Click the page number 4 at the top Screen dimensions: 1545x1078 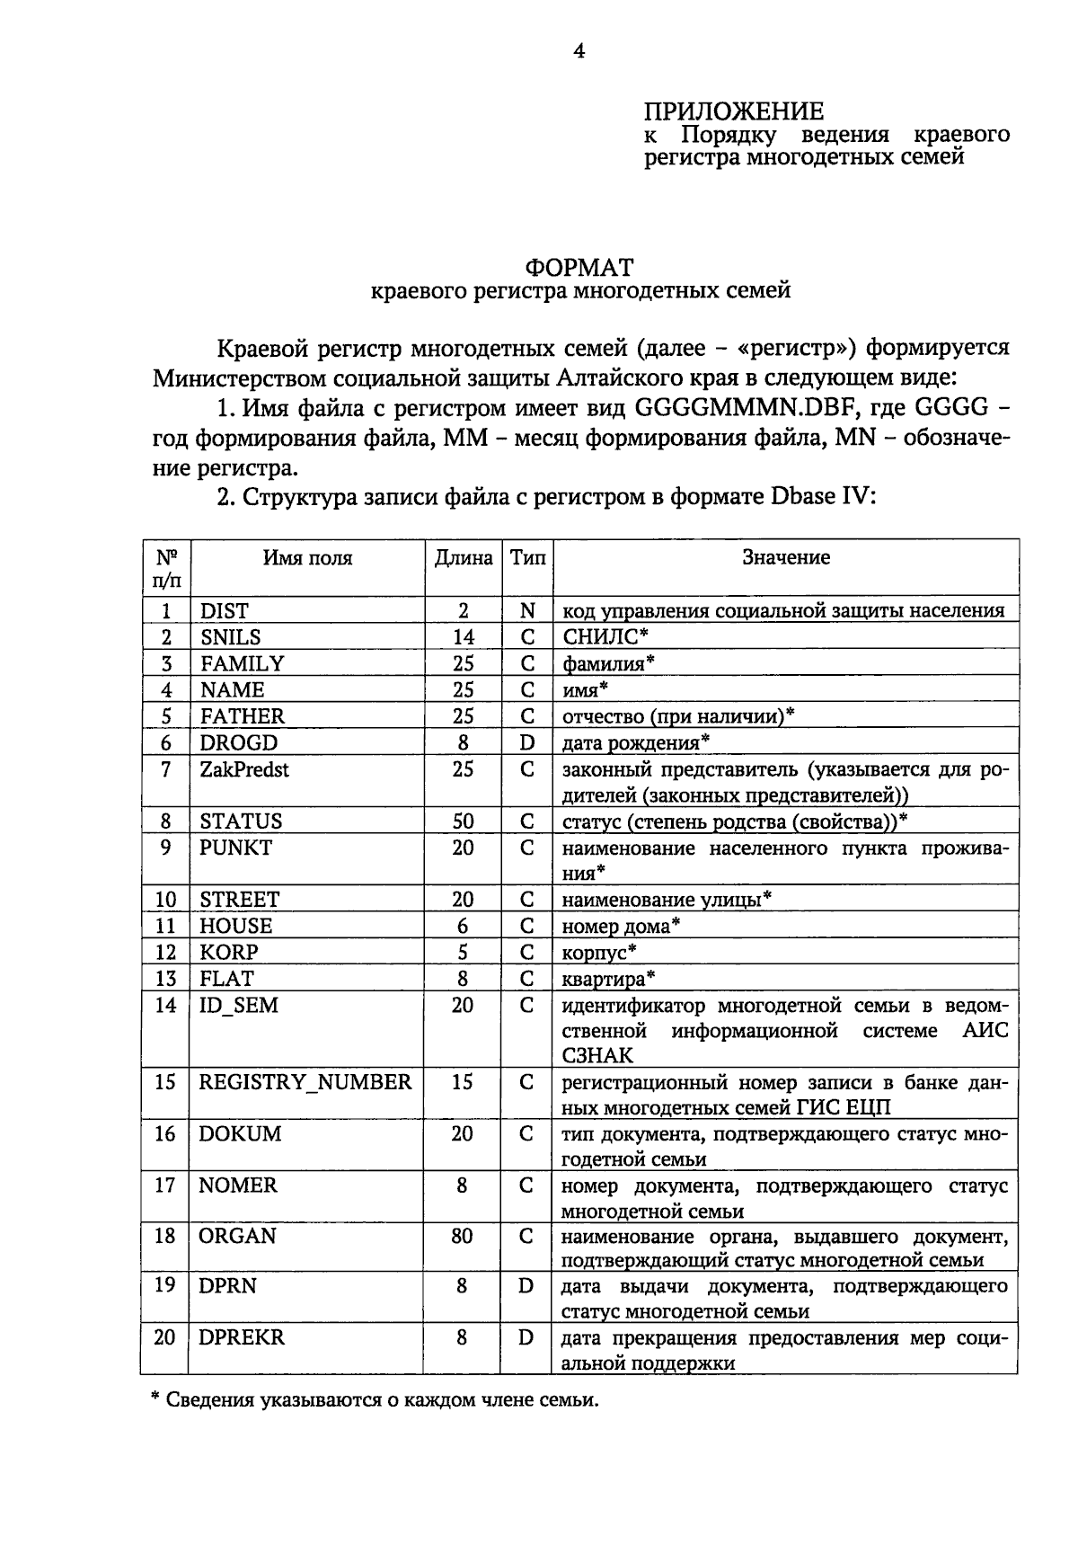click(x=579, y=51)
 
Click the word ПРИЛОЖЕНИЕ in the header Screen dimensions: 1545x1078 click(x=733, y=111)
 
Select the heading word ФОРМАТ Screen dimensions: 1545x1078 click(x=579, y=268)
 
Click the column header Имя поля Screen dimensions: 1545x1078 click(x=307, y=558)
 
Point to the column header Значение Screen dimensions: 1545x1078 click(x=785, y=558)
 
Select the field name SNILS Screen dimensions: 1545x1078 click(x=230, y=637)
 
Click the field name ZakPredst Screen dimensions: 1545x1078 click(x=244, y=769)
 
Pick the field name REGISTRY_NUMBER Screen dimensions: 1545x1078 click(x=305, y=1082)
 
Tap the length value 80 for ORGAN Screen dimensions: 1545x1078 click(x=462, y=1236)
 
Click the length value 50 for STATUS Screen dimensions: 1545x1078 click(x=462, y=821)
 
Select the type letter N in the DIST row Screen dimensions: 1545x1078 click(x=527, y=611)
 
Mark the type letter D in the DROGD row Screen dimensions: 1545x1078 click(x=527, y=743)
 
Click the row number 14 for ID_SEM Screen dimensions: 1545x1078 click(x=165, y=1005)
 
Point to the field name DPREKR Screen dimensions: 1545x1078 click(x=242, y=1337)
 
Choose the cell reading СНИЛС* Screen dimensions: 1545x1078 click(x=605, y=637)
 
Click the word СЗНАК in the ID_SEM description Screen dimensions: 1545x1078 click(x=597, y=1055)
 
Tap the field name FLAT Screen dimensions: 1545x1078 click(x=226, y=978)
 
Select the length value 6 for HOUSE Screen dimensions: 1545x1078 click(x=462, y=926)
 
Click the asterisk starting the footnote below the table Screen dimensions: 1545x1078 click(x=154, y=1398)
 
